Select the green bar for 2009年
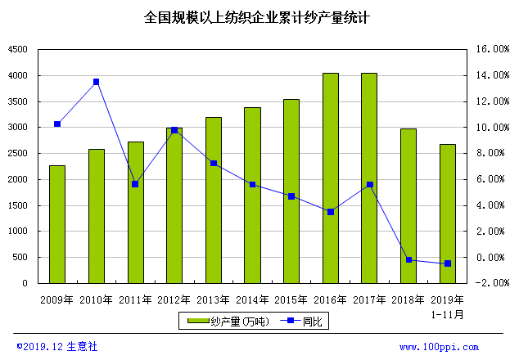[x=57, y=224]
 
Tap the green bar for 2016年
[x=331, y=178]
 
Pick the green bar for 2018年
[x=408, y=205]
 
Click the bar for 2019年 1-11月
[x=448, y=214]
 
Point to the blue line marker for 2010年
[x=96, y=82]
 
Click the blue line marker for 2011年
[x=135, y=184]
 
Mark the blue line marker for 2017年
[x=370, y=185]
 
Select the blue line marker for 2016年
[x=331, y=212]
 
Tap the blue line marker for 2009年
[x=57, y=124]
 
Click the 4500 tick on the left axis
[x=17, y=50]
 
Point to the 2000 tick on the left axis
[x=17, y=179]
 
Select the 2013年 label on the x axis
[x=214, y=299]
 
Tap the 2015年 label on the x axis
[x=291, y=299]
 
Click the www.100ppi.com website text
[x=439, y=348]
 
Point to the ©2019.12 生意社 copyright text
[x=57, y=347]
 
